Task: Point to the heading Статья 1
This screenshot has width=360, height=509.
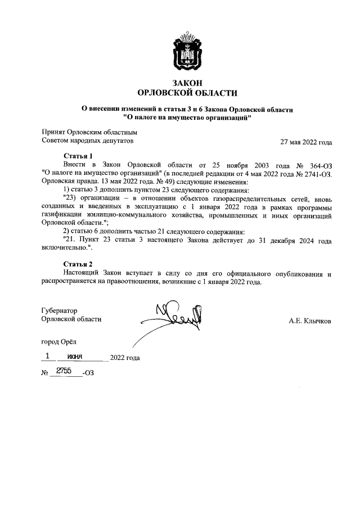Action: click(78, 156)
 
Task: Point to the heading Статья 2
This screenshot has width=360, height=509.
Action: click(78, 263)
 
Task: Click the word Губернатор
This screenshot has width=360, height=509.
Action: click(60, 310)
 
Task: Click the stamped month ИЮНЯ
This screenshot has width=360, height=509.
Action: click(75, 357)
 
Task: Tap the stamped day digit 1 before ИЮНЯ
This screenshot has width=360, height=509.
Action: click(48, 356)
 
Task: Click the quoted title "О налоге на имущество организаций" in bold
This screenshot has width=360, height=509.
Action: click(187, 118)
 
